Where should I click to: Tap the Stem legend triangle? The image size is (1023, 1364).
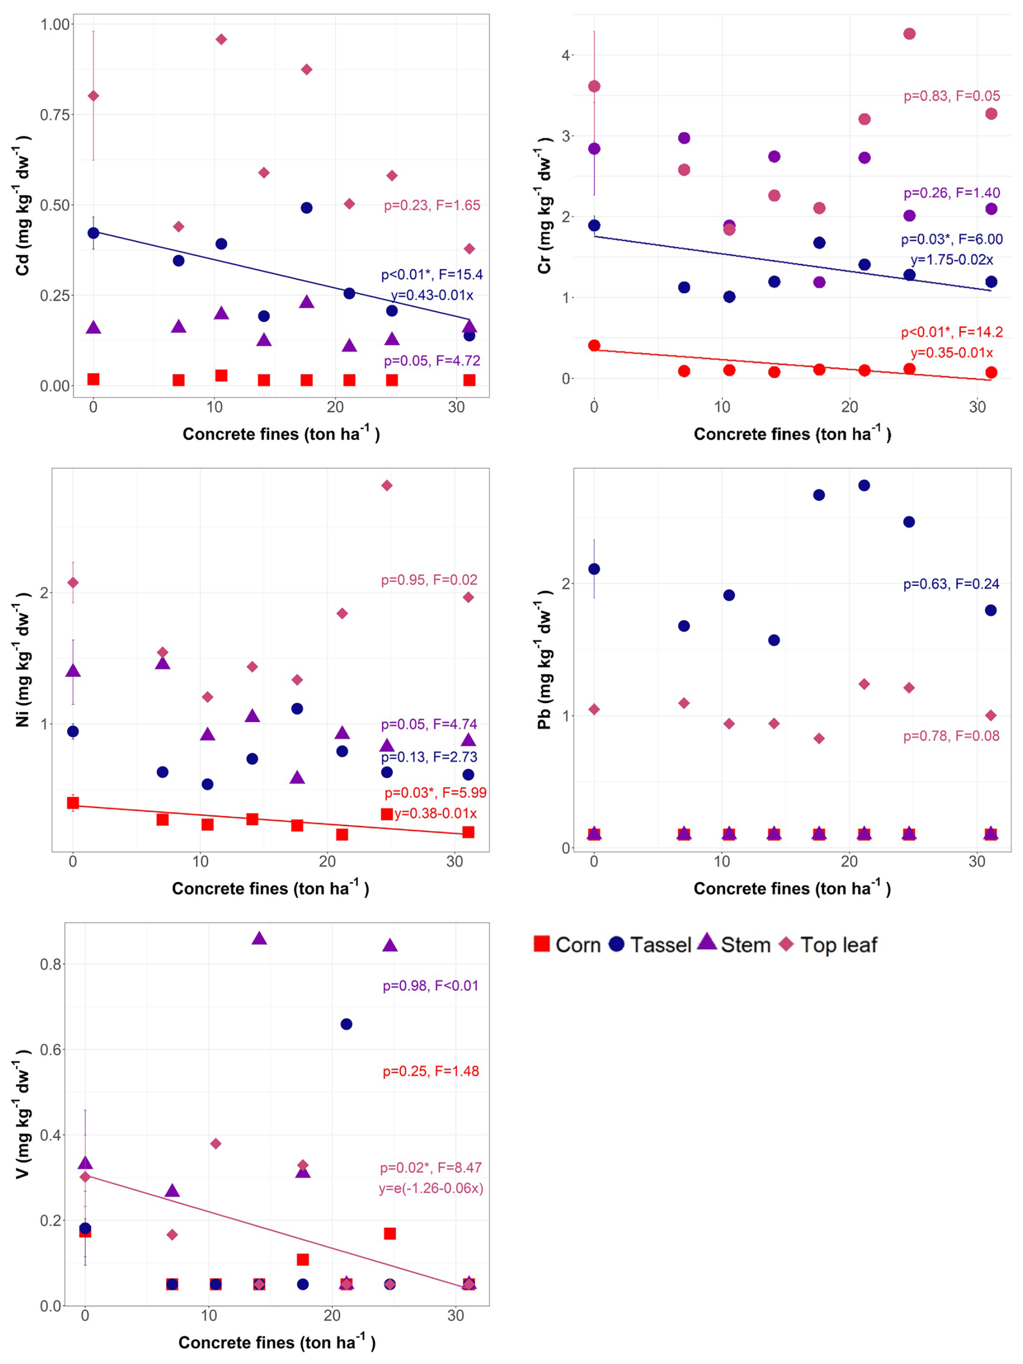click(x=707, y=942)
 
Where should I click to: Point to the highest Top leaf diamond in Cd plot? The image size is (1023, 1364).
click(x=221, y=39)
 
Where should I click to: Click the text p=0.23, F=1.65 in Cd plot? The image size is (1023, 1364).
click(x=431, y=206)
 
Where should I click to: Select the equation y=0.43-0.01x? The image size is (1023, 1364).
click(x=431, y=295)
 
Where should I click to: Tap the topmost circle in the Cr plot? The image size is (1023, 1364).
click(x=909, y=34)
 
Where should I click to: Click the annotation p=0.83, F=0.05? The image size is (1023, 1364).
click(x=952, y=96)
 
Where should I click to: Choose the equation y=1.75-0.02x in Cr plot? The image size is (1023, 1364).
click(x=952, y=260)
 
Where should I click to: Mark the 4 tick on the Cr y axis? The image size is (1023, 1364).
click(x=566, y=56)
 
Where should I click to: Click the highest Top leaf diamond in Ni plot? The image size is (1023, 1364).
click(x=387, y=485)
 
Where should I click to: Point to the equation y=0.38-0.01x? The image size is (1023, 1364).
click(x=435, y=813)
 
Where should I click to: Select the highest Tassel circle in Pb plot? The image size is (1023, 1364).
click(x=864, y=485)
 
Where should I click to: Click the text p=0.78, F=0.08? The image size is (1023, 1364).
click(x=951, y=736)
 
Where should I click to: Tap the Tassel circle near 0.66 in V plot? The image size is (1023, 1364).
click(x=346, y=1024)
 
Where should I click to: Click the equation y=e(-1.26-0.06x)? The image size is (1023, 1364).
click(x=431, y=1188)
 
